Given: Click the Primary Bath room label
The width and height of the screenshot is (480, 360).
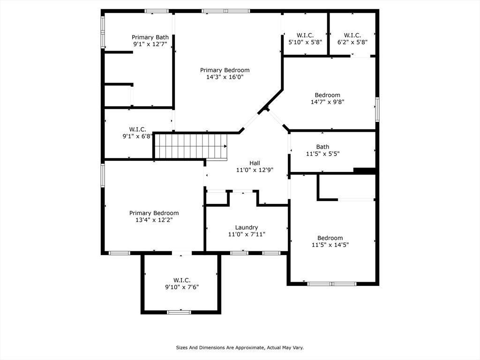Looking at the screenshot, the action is coord(150,37).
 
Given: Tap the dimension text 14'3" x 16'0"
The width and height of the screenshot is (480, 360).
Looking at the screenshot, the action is coord(225,77).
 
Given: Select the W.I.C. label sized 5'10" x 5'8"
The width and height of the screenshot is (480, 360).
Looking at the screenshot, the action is coord(305,36).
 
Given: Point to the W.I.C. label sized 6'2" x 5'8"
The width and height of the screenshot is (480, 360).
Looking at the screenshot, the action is coord(352,36).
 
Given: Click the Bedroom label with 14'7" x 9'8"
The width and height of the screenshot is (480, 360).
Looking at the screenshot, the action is coord(327,95).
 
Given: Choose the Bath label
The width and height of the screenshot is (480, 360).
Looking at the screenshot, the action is coord(322,147).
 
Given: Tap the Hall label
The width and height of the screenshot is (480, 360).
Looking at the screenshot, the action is coord(255,163).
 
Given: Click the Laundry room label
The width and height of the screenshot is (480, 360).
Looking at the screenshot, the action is coord(247,227).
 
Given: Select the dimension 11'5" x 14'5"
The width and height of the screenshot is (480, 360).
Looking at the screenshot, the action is coord(330,245).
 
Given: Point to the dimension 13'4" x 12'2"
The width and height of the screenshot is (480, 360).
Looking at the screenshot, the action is coord(154,220).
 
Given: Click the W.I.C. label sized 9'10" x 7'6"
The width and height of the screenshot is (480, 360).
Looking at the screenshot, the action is coord(182,280).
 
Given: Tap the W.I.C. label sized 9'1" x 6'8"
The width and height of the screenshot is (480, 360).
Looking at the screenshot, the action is coord(137,129).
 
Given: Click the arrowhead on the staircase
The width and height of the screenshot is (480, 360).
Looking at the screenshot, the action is coord(225,146).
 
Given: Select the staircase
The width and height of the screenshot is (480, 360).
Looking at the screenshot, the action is coord(190,146).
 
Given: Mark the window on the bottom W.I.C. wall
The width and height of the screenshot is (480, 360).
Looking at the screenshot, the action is coord(179,312).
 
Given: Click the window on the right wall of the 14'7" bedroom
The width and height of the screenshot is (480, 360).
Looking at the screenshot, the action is coord(377,109).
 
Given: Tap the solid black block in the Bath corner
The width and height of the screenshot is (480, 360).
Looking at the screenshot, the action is coord(364,171).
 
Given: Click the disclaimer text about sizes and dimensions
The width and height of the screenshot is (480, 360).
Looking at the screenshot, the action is coord(240,348).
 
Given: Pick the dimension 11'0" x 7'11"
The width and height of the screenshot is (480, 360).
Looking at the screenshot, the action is coord(247,234).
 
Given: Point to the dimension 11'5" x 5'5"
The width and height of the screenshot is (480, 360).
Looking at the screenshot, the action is coord(322,154).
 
